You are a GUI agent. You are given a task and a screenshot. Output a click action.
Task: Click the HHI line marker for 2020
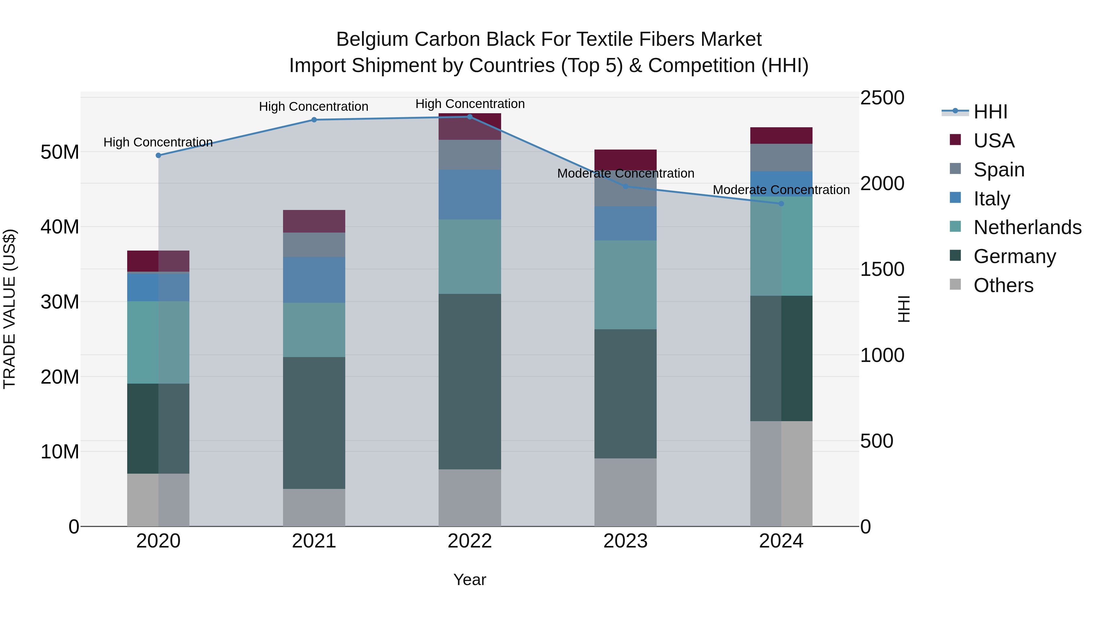pyautogui.click(x=159, y=156)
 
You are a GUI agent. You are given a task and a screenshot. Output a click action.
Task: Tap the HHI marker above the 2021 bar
pyautogui.click(x=314, y=120)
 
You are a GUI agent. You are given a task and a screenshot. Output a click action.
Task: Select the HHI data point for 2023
pyautogui.click(x=625, y=186)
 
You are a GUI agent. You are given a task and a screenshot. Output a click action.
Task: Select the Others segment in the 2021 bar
pyautogui.click(x=314, y=507)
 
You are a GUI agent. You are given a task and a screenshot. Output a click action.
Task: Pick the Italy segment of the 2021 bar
pyautogui.click(x=314, y=280)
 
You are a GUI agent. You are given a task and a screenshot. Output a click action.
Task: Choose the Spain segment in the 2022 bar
pyautogui.click(x=470, y=154)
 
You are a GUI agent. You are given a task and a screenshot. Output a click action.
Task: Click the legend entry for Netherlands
pyautogui.click(x=1027, y=227)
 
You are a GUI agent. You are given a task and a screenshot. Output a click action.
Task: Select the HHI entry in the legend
pyautogui.click(x=990, y=112)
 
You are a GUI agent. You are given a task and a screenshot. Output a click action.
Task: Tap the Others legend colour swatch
pyautogui.click(x=955, y=284)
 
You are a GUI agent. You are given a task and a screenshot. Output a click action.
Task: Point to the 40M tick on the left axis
pyautogui.click(x=60, y=227)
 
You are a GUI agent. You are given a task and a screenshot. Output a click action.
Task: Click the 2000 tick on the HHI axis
pyautogui.click(x=882, y=183)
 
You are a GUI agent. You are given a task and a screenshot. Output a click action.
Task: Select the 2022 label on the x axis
pyautogui.click(x=470, y=541)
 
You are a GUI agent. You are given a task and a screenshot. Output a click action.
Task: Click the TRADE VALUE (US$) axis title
pyautogui.click(x=9, y=309)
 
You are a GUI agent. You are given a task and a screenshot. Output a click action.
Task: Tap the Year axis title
pyautogui.click(x=470, y=580)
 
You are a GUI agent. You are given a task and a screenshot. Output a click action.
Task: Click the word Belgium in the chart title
pyautogui.click(x=372, y=39)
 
